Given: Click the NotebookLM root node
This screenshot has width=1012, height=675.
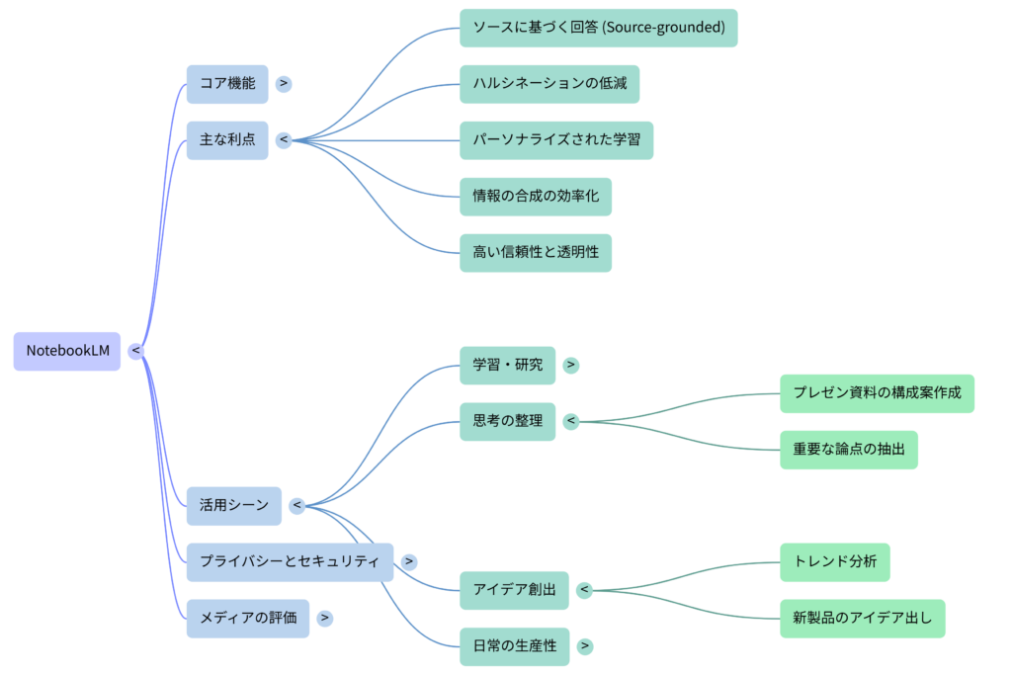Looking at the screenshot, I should click(67, 351).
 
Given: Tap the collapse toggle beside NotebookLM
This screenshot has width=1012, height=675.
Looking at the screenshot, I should click(136, 351).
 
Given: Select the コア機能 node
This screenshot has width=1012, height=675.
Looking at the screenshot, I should click(227, 84).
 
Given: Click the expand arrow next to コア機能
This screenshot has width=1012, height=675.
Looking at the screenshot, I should click(284, 84).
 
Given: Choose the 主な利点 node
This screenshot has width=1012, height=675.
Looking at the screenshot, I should click(227, 140).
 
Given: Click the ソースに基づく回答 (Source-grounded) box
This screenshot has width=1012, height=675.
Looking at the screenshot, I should click(598, 28).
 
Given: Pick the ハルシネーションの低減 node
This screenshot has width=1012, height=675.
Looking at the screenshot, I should click(549, 84).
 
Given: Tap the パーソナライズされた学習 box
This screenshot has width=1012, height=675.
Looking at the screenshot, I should click(556, 140).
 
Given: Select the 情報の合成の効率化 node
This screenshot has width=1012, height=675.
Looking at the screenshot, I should click(536, 197).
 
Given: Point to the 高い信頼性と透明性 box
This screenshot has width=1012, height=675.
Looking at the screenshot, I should click(536, 253).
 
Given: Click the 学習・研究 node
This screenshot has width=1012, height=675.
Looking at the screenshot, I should click(507, 365).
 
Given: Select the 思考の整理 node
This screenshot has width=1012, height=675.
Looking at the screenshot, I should click(507, 421).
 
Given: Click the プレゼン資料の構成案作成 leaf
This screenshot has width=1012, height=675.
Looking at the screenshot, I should click(877, 393).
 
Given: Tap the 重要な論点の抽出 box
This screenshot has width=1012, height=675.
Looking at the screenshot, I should click(849, 450).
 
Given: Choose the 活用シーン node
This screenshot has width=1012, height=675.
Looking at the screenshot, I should click(234, 505).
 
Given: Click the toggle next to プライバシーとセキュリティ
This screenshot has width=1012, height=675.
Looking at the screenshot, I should click(408, 561).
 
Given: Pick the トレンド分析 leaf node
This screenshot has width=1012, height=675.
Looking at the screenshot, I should click(835, 562).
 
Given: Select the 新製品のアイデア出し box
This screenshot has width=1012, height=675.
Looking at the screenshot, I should click(863, 619).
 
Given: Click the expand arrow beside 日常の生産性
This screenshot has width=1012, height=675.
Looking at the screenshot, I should click(585, 646).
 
